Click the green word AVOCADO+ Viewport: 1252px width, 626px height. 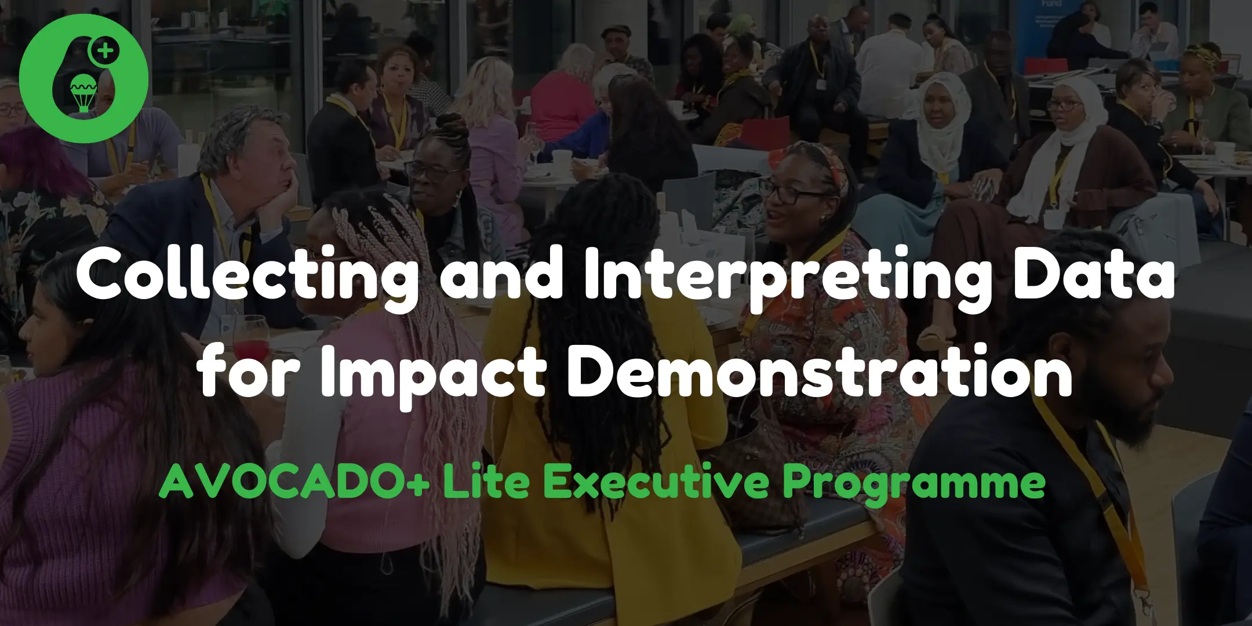coord(294,482)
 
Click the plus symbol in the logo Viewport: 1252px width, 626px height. coord(105,51)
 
